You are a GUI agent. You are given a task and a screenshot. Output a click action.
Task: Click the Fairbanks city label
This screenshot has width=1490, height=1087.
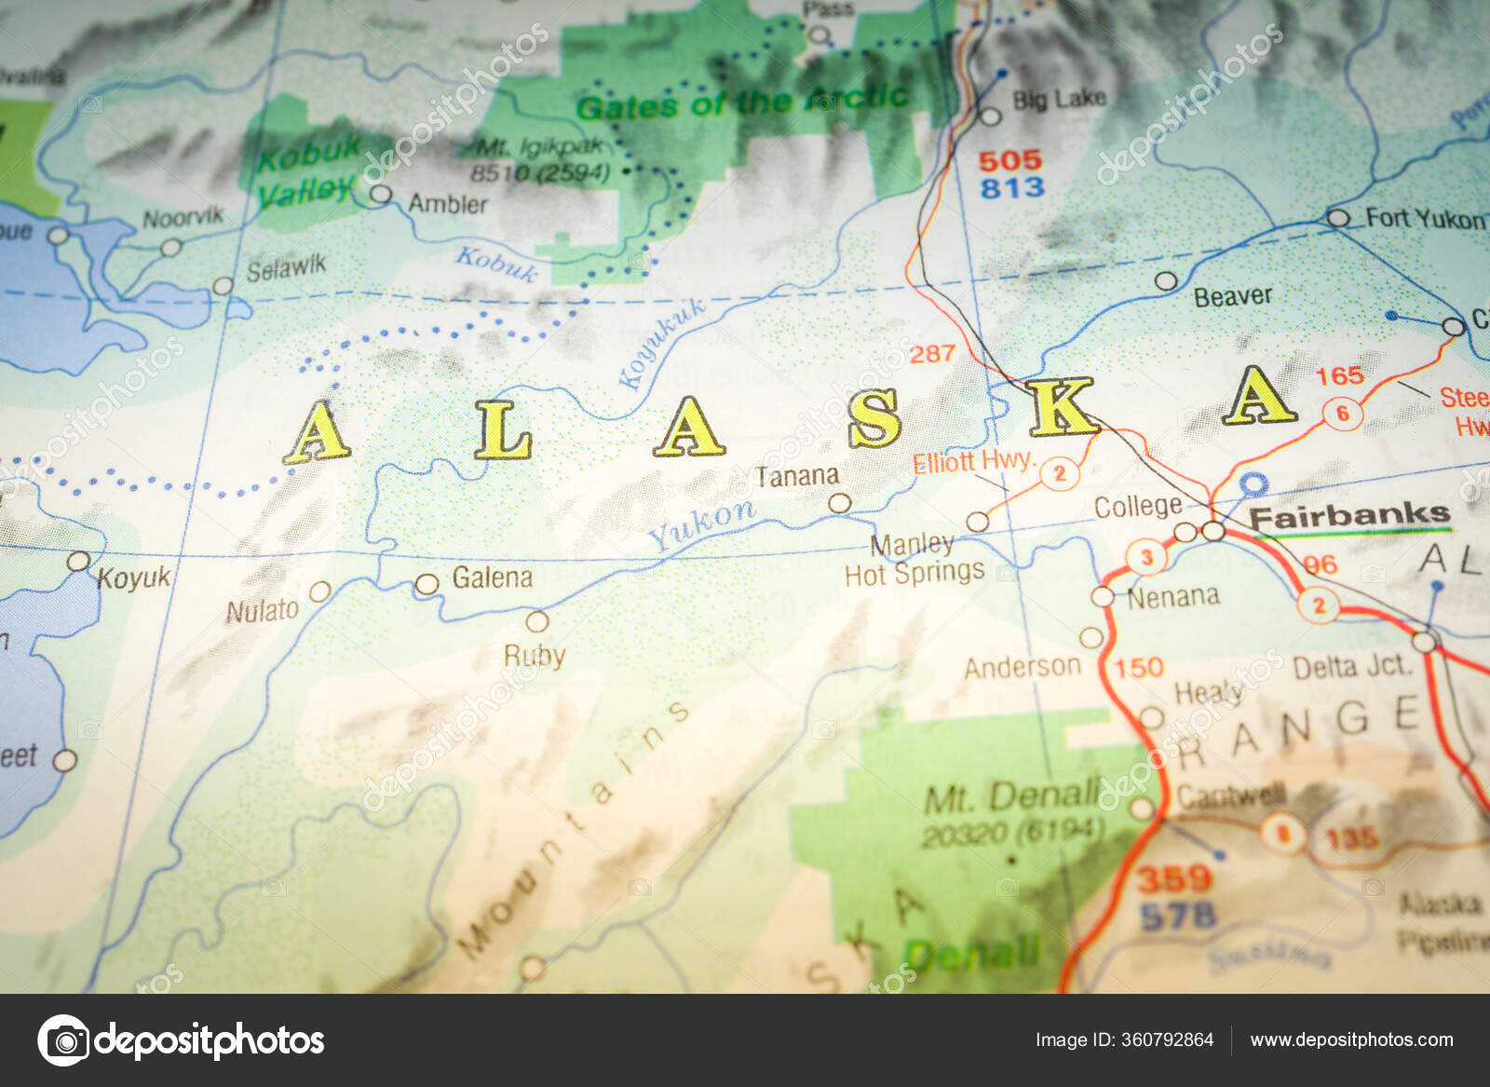(1348, 515)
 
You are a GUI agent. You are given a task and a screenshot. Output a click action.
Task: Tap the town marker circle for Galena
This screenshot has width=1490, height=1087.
(427, 585)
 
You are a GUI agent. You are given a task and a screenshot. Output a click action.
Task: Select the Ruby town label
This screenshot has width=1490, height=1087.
(535, 656)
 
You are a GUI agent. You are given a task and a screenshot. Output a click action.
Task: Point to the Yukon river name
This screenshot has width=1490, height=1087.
(701, 524)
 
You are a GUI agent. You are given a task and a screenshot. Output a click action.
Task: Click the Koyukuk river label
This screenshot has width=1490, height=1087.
(661, 344)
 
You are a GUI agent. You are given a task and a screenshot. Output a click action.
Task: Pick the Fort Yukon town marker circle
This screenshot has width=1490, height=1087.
(1337, 219)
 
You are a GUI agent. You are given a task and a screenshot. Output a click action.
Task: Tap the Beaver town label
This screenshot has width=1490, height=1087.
(1233, 297)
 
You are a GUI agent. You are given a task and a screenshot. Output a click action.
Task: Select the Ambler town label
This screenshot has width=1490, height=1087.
(448, 204)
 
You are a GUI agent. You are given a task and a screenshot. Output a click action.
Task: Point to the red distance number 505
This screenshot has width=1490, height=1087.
(1009, 160)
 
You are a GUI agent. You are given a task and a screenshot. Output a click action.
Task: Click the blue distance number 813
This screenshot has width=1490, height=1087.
(1012, 188)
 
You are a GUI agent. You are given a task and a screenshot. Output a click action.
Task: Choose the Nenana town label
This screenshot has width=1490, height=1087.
(1173, 596)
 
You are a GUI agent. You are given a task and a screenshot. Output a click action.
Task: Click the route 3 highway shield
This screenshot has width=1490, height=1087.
(1146, 558)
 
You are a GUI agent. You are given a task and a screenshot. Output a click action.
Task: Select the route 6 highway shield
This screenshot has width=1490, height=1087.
(1342, 414)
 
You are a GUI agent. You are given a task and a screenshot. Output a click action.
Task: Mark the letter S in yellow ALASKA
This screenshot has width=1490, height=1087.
(874, 418)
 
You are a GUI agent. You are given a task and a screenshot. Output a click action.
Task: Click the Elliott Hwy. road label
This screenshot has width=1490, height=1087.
(972, 461)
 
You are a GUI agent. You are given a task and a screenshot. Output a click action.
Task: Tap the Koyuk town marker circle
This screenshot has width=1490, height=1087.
(79, 562)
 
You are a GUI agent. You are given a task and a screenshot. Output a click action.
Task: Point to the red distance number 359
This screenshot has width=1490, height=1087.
(1173, 878)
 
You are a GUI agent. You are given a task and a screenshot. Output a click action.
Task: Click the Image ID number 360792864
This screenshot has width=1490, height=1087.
(1168, 1039)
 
